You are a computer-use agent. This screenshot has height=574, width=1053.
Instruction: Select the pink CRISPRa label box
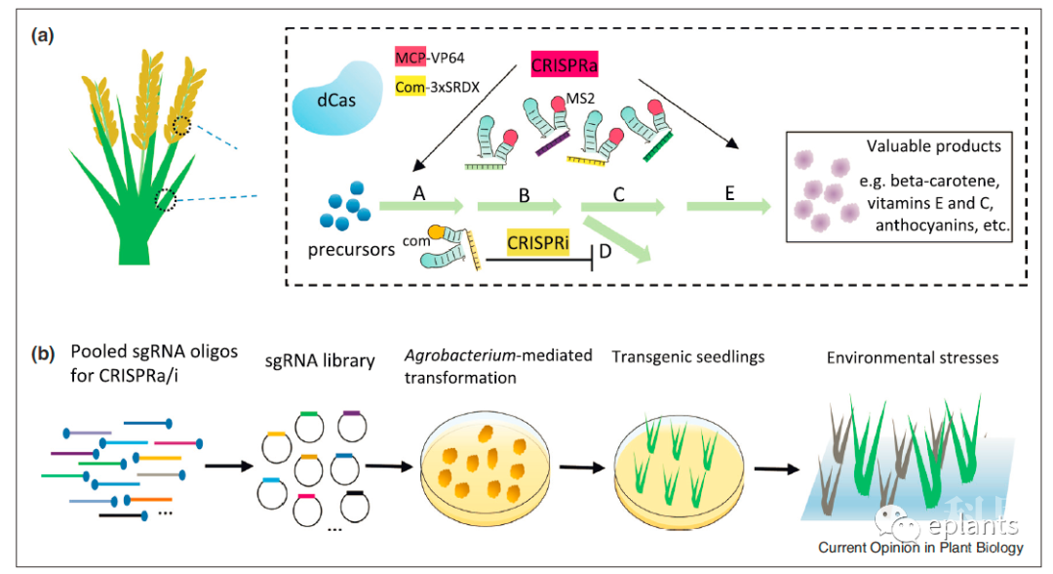point(564,66)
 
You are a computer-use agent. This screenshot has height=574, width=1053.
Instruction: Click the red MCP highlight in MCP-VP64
point(408,56)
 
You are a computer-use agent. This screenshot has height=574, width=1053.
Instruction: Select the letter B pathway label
point(524,194)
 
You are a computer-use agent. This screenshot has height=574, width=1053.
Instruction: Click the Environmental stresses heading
point(912,358)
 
